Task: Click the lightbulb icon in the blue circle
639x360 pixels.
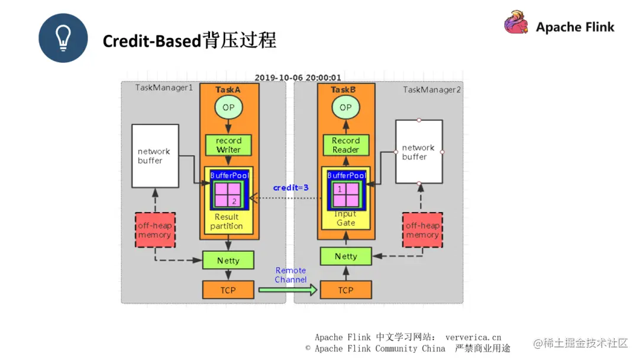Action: (x=63, y=38)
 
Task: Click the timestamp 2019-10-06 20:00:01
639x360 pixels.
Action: (x=298, y=78)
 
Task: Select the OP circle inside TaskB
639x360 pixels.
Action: (x=346, y=107)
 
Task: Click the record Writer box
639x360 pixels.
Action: (x=228, y=145)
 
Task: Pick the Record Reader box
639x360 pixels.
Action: (x=346, y=145)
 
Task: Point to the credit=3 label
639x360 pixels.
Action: (x=291, y=188)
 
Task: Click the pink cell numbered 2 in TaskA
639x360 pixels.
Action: (x=234, y=201)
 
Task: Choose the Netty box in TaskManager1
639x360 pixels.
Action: (x=228, y=260)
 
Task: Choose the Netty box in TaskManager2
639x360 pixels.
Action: (x=346, y=256)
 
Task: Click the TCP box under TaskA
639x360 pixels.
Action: (x=228, y=290)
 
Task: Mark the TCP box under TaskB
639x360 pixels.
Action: (x=346, y=290)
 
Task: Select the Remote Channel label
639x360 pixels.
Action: (x=291, y=275)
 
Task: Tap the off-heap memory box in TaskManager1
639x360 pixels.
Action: (x=154, y=230)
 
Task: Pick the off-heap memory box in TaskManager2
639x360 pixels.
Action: (x=422, y=230)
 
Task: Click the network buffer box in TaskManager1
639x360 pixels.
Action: (x=155, y=156)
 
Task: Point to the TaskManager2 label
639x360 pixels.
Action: (x=432, y=89)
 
